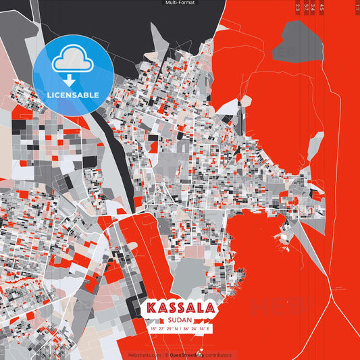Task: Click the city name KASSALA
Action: (x=180, y=308)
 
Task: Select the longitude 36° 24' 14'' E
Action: (x=197, y=329)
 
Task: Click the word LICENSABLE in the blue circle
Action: (x=73, y=95)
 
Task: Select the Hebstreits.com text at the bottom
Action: (x=144, y=355)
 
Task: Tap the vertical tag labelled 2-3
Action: (x=298, y=7)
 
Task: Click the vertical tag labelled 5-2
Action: (x=306, y=7)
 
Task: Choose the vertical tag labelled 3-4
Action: (x=313, y=7)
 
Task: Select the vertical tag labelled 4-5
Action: (x=322, y=7)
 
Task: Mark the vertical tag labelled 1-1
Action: (x=357, y=7)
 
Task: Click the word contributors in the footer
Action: (x=220, y=355)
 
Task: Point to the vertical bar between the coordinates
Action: (x=180, y=329)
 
